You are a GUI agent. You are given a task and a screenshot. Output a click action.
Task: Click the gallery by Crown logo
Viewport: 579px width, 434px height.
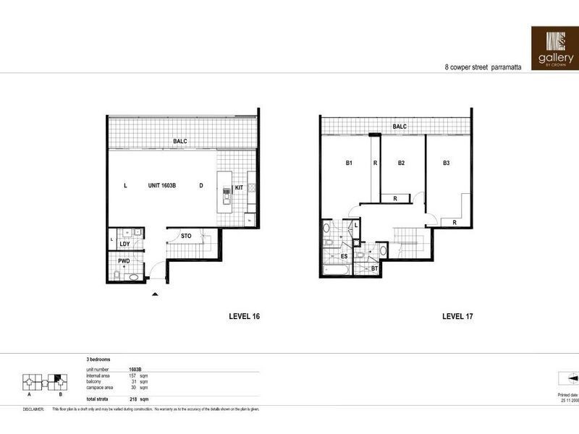pyautogui.click(x=554, y=48)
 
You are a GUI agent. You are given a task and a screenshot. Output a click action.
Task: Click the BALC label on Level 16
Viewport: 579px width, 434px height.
pyautogui.click(x=179, y=141)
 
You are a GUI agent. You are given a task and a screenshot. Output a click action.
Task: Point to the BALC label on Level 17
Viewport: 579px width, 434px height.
pyautogui.click(x=400, y=127)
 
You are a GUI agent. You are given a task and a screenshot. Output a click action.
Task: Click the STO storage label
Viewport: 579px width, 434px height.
pyautogui.click(x=186, y=235)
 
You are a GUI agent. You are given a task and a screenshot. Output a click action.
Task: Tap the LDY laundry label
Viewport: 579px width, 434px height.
pyautogui.click(x=123, y=244)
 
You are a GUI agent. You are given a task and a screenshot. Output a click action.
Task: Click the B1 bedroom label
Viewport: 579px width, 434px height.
pyautogui.click(x=348, y=163)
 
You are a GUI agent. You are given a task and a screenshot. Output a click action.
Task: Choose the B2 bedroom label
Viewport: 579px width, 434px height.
pyautogui.click(x=400, y=163)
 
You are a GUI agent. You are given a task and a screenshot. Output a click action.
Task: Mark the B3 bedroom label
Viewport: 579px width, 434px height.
pyautogui.click(x=447, y=163)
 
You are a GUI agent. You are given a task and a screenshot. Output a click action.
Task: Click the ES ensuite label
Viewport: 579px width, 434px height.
pyautogui.click(x=345, y=256)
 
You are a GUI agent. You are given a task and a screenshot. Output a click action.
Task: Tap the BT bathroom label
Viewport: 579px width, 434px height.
pyautogui.click(x=374, y=268)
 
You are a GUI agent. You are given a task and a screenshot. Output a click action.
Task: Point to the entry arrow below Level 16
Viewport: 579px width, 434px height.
pyautogui.click(x=154, y=294)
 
